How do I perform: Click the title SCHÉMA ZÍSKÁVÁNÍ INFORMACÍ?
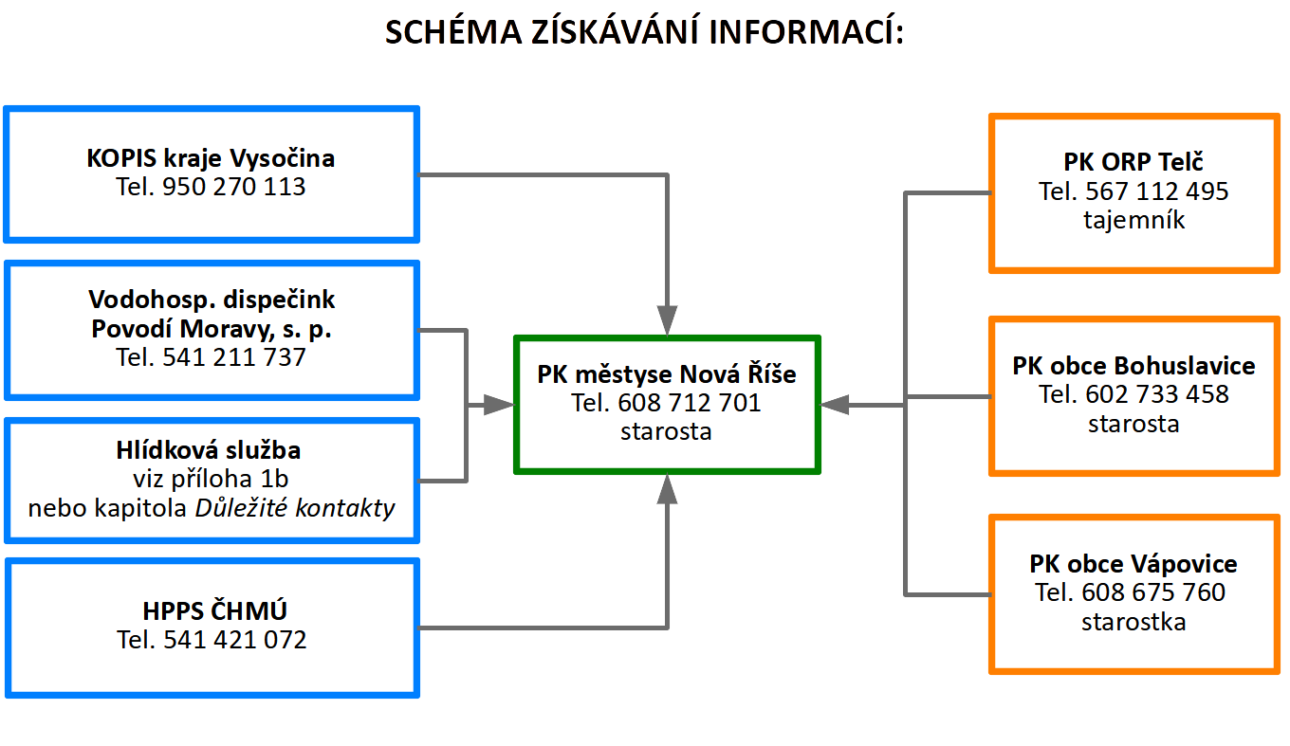pos(644,31)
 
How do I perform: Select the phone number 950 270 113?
pos(233,187)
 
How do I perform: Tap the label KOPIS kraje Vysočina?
pos(211,158)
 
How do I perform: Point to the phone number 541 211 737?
pos(233,357)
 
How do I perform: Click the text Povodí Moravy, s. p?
pos(212,329)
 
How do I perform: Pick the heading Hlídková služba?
pos(209,450)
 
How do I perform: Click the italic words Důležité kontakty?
pos(295,508)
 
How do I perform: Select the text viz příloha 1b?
pos(211,479)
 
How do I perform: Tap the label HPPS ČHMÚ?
pos(214,610)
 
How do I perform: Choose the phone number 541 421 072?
pos(235,640)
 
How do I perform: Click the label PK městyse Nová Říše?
pos(667,374)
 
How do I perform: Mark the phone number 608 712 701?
pos(690,403)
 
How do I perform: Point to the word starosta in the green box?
pos(666,431)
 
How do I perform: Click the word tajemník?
pos(1133,220)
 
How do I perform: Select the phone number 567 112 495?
pos(1157,191)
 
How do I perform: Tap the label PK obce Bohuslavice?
pos(1133,366)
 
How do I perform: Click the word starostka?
pos(1133,622)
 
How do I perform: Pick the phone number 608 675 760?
pos(1153,592)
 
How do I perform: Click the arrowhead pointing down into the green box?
pos(667,320)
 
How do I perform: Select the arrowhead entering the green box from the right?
pos(835,406)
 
